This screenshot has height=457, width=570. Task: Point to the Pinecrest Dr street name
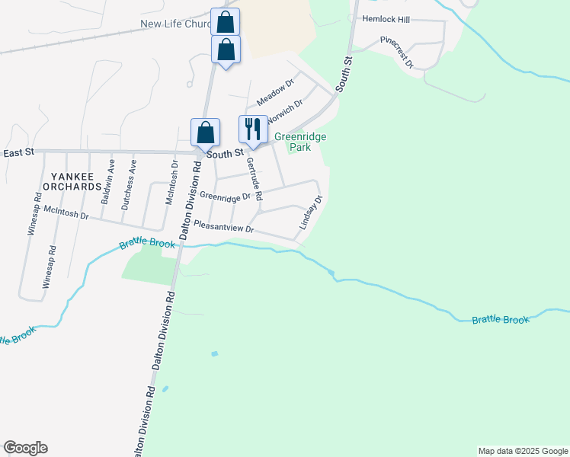[397, 51]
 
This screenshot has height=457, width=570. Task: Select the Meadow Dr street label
[274, 92]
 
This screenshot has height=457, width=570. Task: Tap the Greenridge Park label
[300, 142]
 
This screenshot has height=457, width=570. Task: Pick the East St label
[19, 153]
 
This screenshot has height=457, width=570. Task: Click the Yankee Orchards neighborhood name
[72, 181]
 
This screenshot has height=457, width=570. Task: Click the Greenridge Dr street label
[226, 197]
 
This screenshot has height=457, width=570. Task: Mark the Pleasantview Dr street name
[223, 226]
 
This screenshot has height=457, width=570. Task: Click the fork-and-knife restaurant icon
[253, 129]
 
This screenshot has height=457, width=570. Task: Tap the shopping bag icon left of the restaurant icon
[206, 133]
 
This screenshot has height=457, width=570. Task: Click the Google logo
[25, 448]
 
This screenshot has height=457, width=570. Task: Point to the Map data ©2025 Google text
[523, 451]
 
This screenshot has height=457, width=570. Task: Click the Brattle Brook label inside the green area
[500, 320]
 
